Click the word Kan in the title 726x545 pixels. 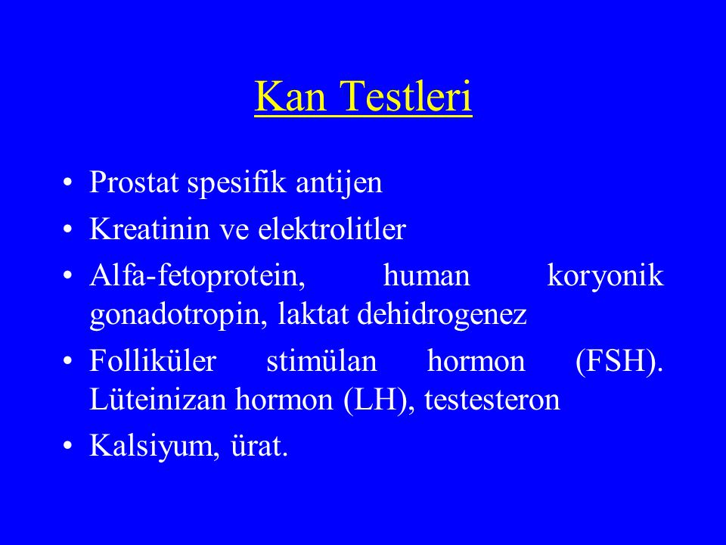(290, 96)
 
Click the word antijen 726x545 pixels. (339, 183)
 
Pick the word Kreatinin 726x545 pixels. (150, 229)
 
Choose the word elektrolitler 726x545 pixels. (332, 228)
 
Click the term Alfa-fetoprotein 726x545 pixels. (197, 276)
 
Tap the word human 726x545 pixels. (427, 276)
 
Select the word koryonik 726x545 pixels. (606, 276)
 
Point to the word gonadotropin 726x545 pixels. (178, 316)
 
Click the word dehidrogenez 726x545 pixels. (442, 315)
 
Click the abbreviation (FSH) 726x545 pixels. (619, 362)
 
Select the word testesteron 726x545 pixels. (492, 400)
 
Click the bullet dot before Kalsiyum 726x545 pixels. (68, 446)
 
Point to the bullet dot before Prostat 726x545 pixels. (68, 182)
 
